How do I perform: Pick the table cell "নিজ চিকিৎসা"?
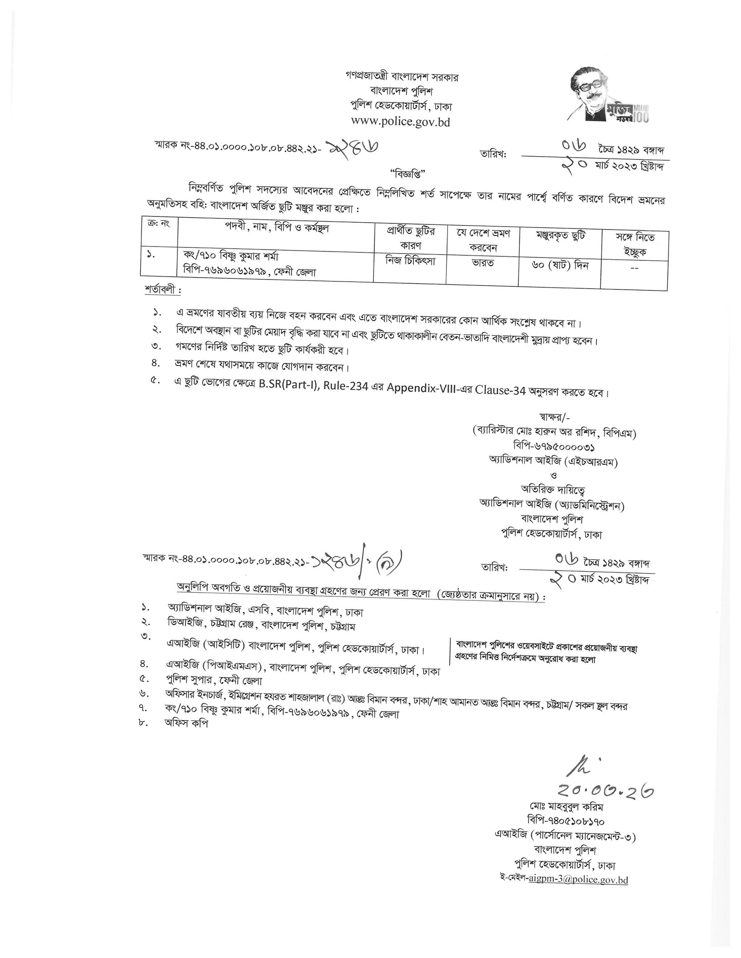(410, 261)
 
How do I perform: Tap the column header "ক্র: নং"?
(158, 223)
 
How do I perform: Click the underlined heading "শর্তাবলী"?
(162, 290)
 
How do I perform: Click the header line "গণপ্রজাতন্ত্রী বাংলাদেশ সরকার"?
(401, 77)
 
